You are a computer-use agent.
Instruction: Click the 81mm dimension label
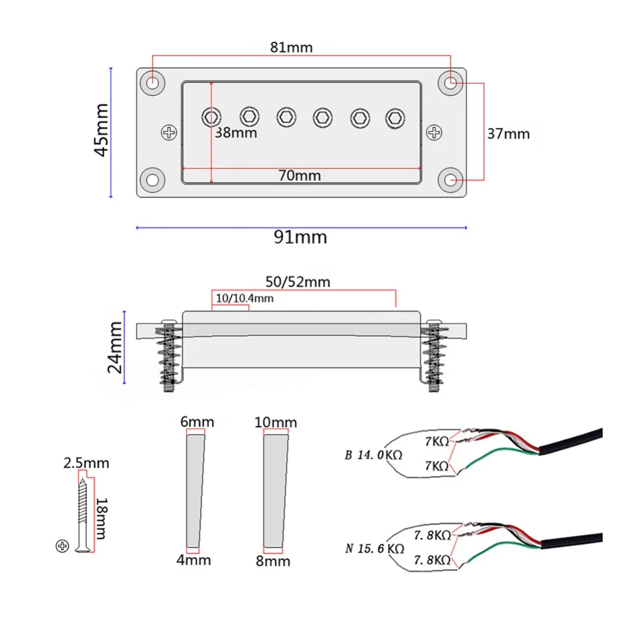tap(292, 48)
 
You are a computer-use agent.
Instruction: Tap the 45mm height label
tap(102, 130)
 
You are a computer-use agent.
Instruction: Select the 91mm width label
tap(300, 237)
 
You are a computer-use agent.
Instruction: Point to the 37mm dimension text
tap(508, 134)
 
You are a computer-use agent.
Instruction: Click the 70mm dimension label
tap(300, 175)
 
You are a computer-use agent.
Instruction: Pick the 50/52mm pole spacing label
tap(298, 282)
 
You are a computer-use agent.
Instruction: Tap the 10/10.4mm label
tap(245, 298)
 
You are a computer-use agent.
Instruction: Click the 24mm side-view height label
tap(115, 347)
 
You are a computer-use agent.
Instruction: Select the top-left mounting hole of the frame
tap(153, 83)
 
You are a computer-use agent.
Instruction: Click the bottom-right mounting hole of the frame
tap(451, 180)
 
